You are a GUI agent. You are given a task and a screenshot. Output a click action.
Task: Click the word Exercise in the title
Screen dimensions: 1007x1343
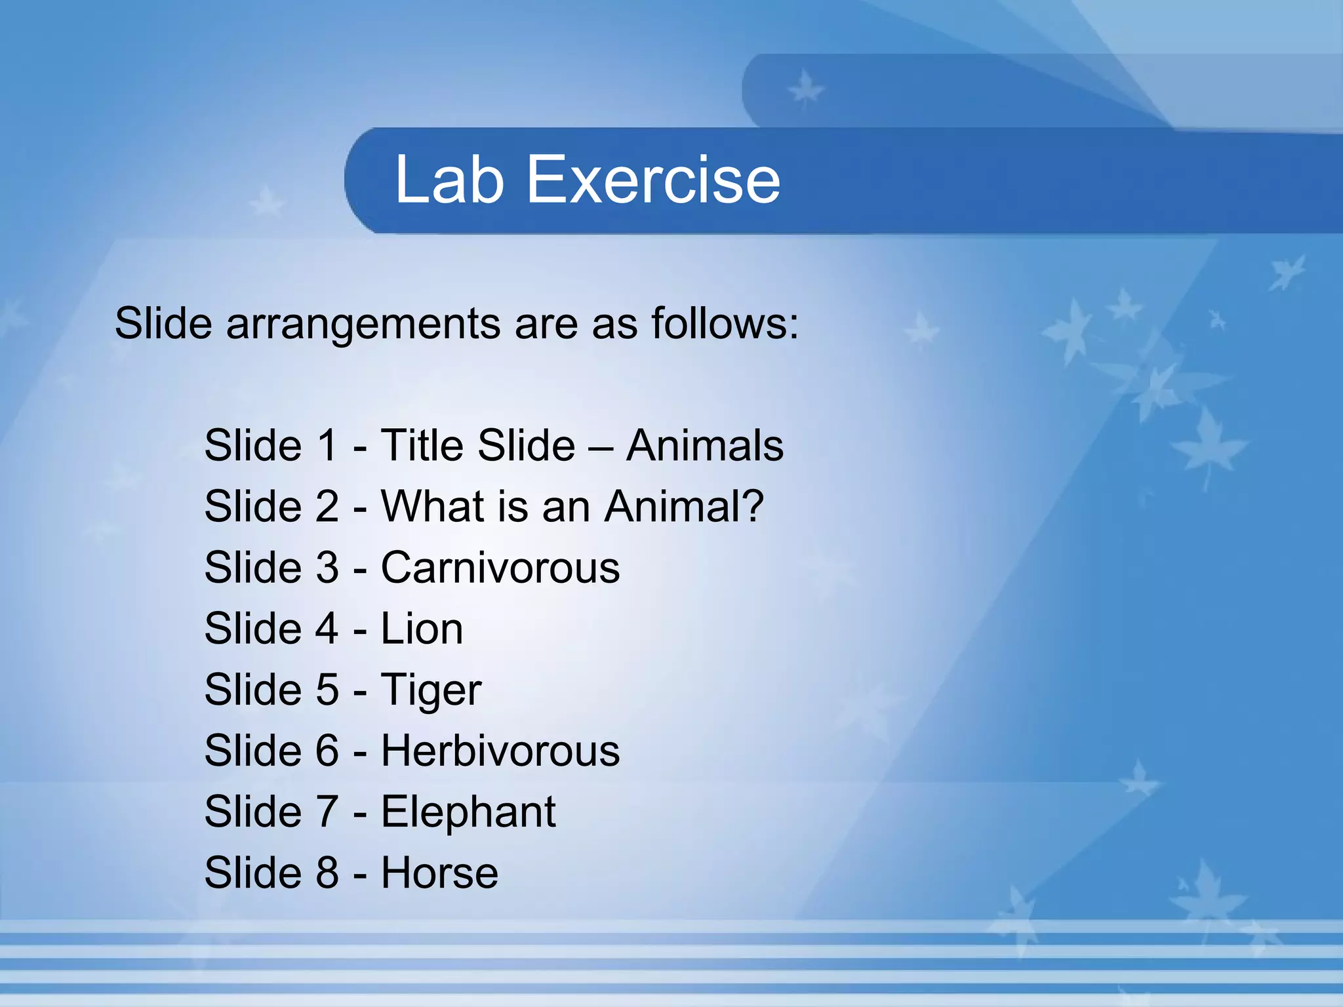click(653, 180)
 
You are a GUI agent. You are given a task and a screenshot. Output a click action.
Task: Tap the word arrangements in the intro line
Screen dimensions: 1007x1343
click(364, 325)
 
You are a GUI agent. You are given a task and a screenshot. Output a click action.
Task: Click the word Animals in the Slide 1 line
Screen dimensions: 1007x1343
click(704, 446)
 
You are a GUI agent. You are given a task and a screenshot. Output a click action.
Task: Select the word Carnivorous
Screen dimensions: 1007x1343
click(500, 568)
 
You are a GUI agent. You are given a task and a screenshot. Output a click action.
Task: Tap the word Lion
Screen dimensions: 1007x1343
click(422, 629)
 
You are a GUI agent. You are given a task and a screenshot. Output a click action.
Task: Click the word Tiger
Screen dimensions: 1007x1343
click(431, 691)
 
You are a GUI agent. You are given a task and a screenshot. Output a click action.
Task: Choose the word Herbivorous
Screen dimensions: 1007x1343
click(500, 751)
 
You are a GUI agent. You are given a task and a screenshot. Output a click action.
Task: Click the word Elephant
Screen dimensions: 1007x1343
click(468, 812)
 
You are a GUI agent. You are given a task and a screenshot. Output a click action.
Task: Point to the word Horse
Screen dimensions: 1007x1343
click(439, 873)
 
